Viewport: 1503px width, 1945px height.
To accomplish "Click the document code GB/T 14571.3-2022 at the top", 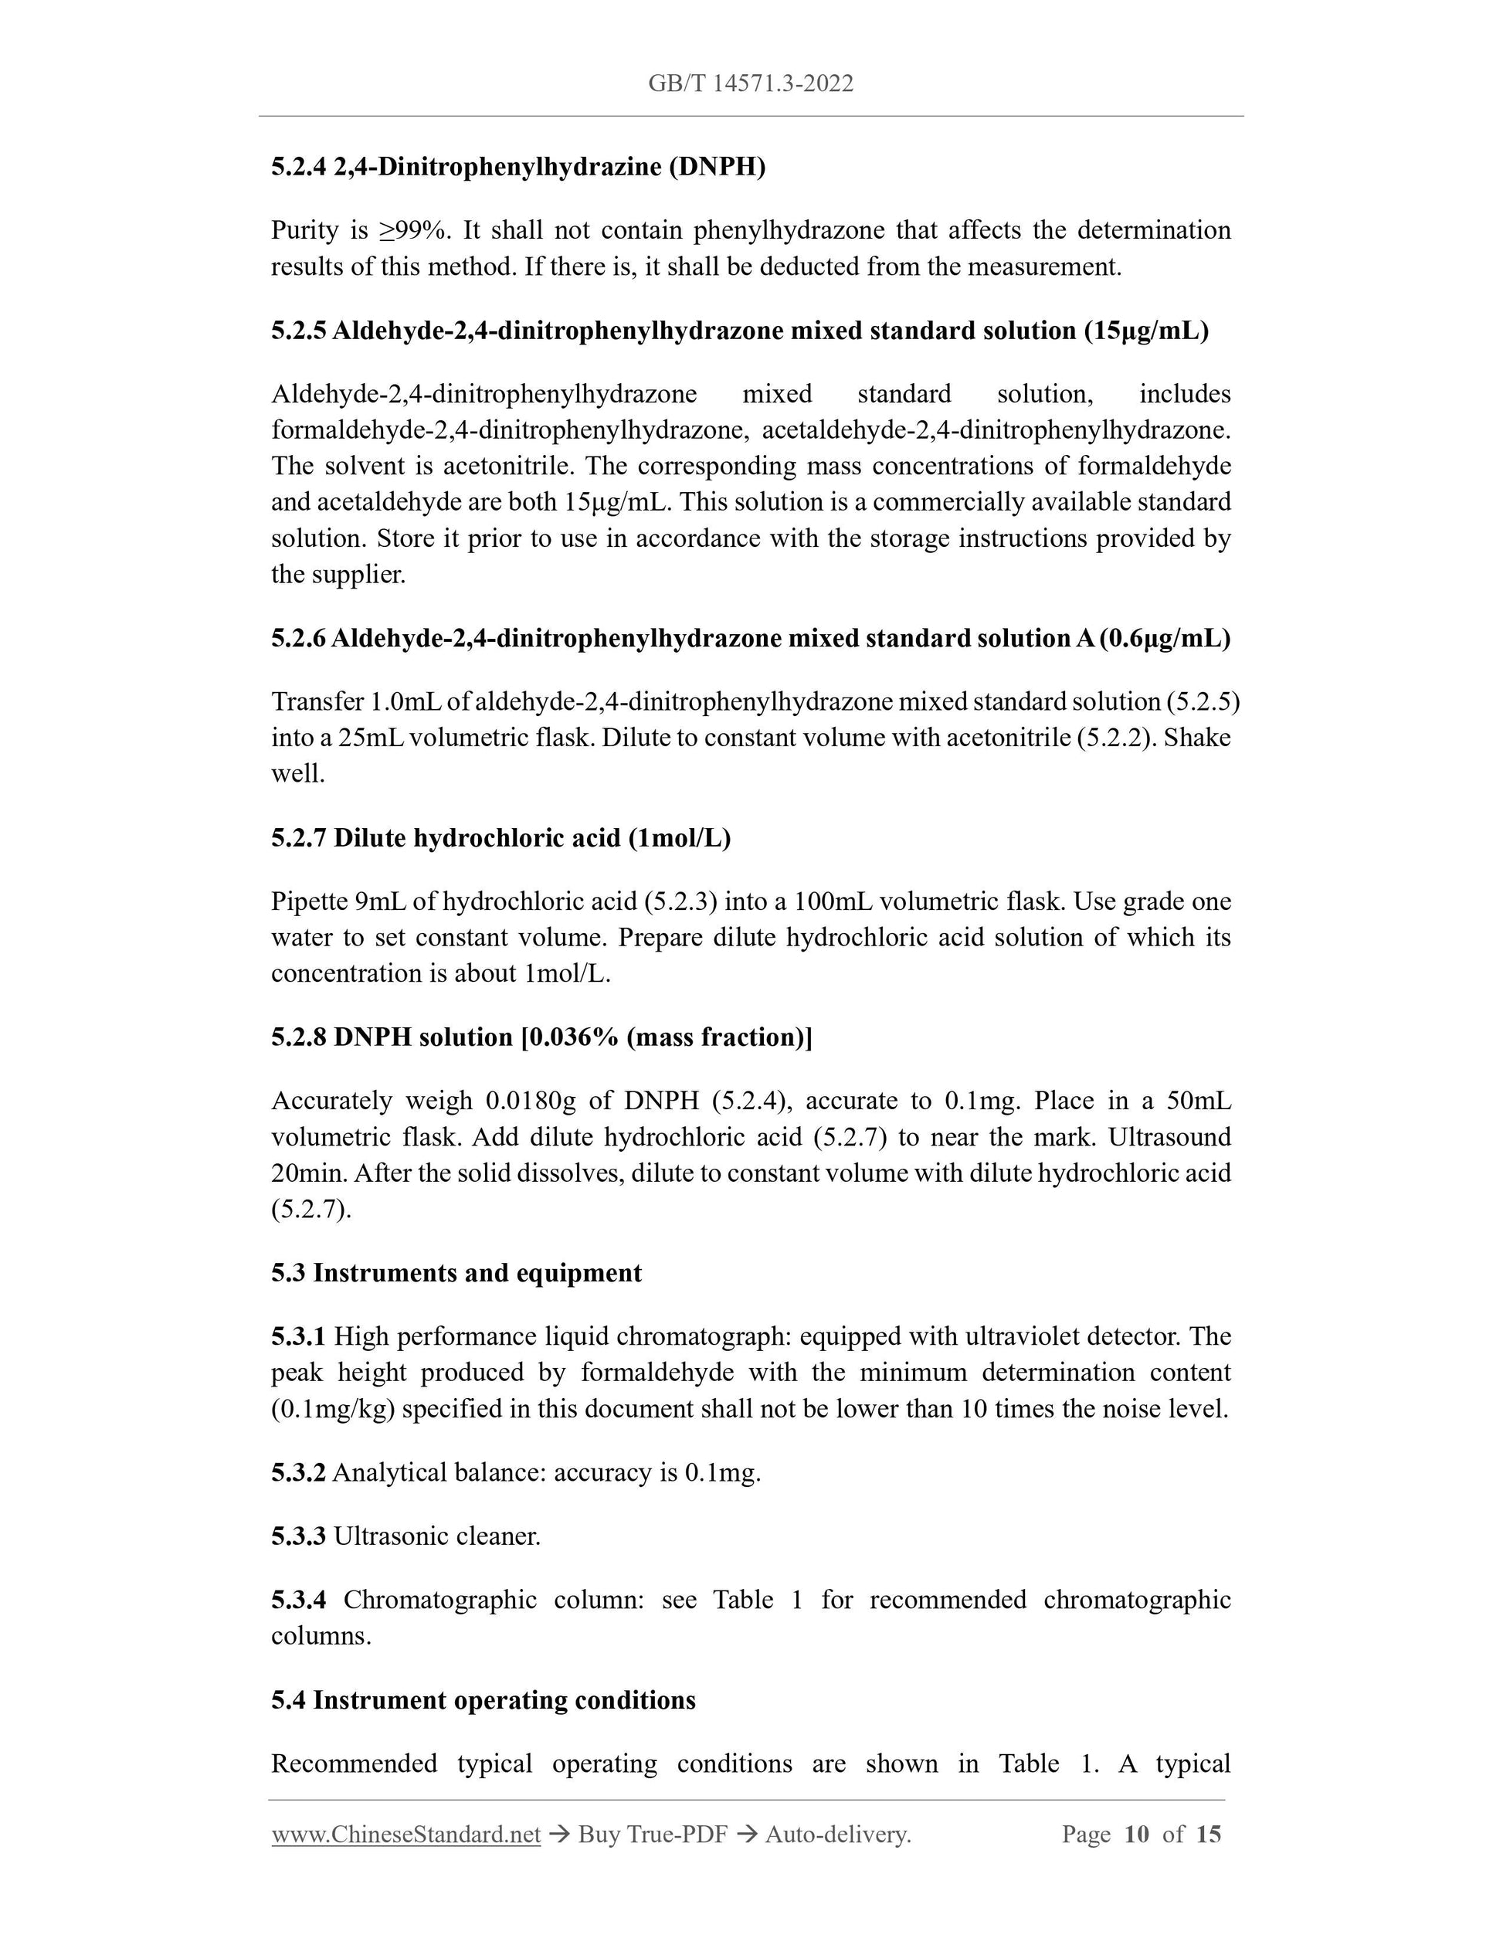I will (751, 83).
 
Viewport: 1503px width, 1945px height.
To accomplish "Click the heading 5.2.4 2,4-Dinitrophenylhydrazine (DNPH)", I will (518, 167).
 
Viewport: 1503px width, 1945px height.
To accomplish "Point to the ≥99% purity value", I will (414, 231).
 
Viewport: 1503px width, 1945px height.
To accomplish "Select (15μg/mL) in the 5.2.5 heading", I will (1146, 331).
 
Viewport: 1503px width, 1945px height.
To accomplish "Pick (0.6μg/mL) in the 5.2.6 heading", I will (1165, 639).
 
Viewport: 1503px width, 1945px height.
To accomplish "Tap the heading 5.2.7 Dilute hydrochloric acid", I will (500, 838).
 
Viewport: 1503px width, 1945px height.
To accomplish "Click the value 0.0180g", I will (531, 1101).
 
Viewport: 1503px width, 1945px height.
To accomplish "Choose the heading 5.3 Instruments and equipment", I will (456, 1274).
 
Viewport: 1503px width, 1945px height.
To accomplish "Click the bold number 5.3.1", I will (298, 1337).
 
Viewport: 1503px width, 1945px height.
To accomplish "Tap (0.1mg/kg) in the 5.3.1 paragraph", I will (332, 1410).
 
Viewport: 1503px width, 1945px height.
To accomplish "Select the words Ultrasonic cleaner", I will (436, 1536).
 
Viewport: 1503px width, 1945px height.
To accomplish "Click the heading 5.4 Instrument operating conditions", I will (483, 1700).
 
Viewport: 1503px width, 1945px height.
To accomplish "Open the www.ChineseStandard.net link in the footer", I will (405, 1835).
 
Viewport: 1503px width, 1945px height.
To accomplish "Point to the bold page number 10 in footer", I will (1136, 1835).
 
